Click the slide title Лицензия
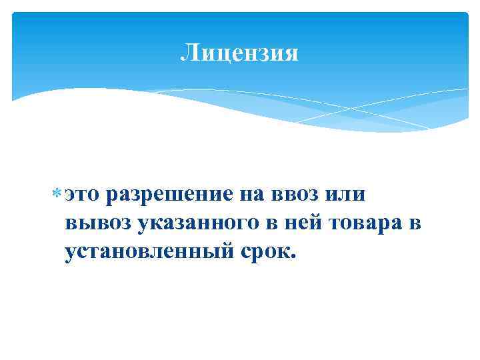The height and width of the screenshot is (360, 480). point(239,53)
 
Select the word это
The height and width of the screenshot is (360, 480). point(82,195)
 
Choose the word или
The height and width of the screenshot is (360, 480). point(347,195)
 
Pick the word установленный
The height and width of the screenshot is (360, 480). point(149,251)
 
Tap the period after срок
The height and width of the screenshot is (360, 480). point(291,257)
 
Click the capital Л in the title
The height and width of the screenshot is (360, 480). point(188,53)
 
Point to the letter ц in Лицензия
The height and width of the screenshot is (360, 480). point(217,55)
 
